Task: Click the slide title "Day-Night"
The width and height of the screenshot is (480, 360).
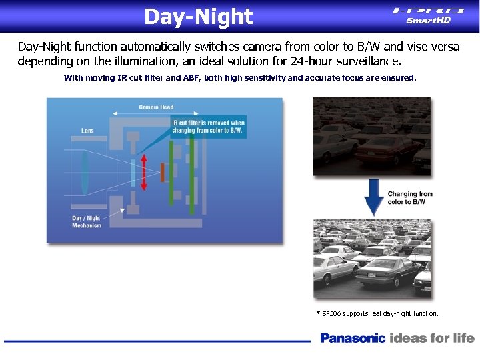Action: (x=198, y=17)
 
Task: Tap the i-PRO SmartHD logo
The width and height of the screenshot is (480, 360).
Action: (x=428, y=15)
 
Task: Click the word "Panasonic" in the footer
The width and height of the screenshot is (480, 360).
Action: (x=353, y=338)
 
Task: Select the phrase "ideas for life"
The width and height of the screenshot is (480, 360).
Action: (x=432, y=338)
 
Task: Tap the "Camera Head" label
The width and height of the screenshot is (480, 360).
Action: (x=156, y=107)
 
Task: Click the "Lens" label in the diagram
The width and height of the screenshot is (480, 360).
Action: (x=87, y=131)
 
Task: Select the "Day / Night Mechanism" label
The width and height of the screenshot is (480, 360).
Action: (x=87, y=222)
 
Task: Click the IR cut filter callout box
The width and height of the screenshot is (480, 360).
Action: (x=209, y=127)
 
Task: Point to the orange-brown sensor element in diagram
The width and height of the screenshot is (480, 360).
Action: (x=162, y=173)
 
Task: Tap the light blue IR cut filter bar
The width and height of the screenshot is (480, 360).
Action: (x=133, y=173)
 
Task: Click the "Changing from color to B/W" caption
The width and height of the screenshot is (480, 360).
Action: (x=410, y=198)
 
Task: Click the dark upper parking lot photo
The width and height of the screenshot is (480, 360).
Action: (x=371, y=136)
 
